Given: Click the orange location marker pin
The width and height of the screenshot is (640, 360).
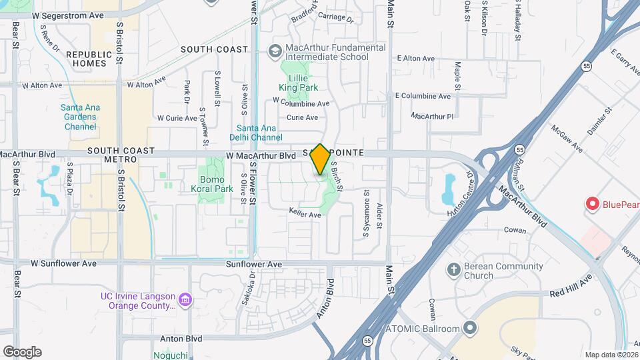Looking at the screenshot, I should [x=320, y=159].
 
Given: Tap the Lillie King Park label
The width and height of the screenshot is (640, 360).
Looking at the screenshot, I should [x=298, y=83].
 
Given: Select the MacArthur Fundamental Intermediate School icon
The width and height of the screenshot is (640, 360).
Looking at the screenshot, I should [x=274, y=51].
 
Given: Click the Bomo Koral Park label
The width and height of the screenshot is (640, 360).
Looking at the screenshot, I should [x=217, y=184].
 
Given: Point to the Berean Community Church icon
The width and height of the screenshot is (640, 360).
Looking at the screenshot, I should [x=453, y=270].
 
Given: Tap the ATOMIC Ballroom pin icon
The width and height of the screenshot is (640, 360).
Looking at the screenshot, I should [x=471, y=328].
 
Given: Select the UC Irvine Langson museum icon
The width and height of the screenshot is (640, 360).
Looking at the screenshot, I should [x=186, y=301].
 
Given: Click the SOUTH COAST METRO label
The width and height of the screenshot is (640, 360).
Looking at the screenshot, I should [x=121, y=155].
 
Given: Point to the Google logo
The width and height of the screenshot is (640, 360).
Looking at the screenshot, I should [x=22, y=352].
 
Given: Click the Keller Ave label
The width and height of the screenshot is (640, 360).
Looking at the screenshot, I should [x=305, y=215].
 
